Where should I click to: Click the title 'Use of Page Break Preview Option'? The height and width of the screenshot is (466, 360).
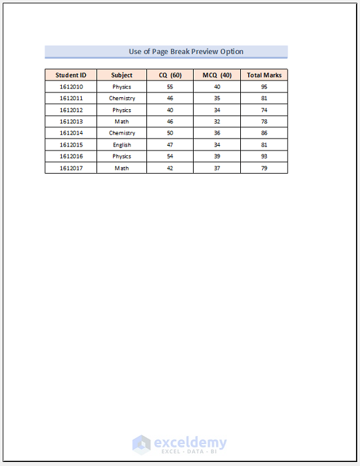[x=186, y=51]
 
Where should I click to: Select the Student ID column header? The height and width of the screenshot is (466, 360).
[x=71, y=75]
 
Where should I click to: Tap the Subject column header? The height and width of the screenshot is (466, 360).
[x=122, y=75]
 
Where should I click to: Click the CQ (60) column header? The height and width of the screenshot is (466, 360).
[x=170, y=75]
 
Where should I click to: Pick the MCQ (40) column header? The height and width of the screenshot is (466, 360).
[x=217, y=75]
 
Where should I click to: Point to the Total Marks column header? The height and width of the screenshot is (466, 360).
[x=264, y=75]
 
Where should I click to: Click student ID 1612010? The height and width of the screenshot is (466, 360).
[x=71, y=87]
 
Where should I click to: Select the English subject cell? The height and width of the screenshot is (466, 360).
[x=122, y=145]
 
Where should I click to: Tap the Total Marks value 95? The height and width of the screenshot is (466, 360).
[x=264, y=87]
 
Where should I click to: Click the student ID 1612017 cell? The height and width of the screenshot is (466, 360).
[x=71, y=168]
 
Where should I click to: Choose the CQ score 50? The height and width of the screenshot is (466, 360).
[x=170, y=133]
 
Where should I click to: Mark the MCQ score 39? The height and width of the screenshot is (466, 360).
[x=217, y=156]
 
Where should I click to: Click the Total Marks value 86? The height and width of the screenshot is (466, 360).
[x=264, y=133]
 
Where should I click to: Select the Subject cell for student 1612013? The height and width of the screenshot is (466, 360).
[x=122, y=122]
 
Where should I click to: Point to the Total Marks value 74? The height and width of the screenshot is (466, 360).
[x=264, y=110]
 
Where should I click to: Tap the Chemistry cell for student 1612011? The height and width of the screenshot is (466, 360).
[x=122, y=99]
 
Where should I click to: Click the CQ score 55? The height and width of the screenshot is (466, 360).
[x=170, y=87]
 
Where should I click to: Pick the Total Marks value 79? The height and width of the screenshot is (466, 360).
[x=264, y=168]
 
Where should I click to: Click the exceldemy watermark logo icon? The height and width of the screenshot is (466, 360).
[x=141, y=444]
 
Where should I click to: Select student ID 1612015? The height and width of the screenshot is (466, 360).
[x=71, y=145]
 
